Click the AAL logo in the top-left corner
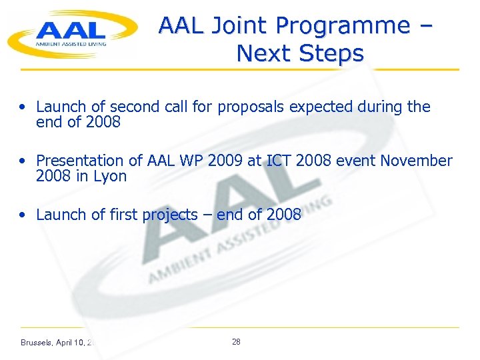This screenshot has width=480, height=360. tap(70, 33)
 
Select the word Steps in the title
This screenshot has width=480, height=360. tap(331, 53)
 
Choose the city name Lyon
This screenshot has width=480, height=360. tap(111, 176)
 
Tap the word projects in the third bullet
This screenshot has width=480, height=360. tap(170, 215)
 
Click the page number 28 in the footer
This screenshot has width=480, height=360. tap(236, 341)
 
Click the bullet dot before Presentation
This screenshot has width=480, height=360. tap(24, 161)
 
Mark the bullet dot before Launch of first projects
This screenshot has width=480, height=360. tap(24, 215)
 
